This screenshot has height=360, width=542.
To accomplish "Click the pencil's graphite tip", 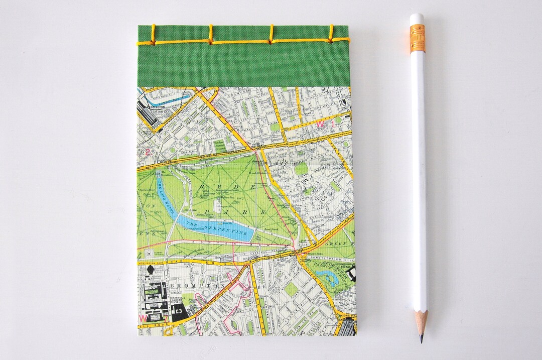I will click(421, 338).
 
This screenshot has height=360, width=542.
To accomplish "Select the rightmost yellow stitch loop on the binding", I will click(331, 34).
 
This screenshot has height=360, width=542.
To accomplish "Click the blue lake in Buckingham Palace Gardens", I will click(328, 277).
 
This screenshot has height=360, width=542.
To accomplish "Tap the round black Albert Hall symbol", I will click(151, 271).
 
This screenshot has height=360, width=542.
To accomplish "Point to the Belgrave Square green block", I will click(291, 289).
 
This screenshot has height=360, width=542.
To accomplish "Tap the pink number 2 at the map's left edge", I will click(146, 152).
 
